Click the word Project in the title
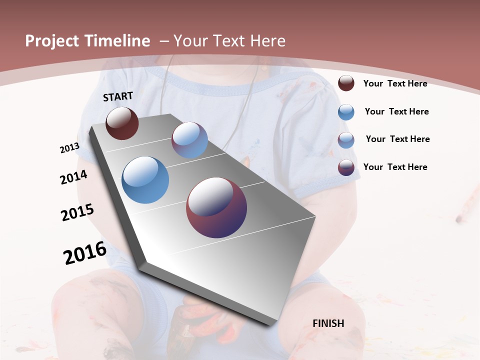(x=50, y=41)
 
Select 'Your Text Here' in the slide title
(x=229, y=41)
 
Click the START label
(x=118, y=96)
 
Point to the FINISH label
(x=328, y=323)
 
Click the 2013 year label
(x=69, y=148)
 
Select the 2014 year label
(x=73, y=177)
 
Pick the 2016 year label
(x=85, y=253)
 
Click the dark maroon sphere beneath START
(x=122, y=123)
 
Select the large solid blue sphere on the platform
(x=145, y=180)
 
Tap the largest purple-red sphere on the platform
(x=216, y=207)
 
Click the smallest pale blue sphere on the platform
(x=189, y=140)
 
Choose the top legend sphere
(x=346, y=83)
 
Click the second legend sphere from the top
(x=346, y=112)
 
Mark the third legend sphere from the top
(x=346, y=140)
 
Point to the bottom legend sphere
(x=346, y=167)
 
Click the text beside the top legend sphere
(x=395, y=83)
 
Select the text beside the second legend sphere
(x=396, y=111)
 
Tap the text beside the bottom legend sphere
(x=395, y=167)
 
